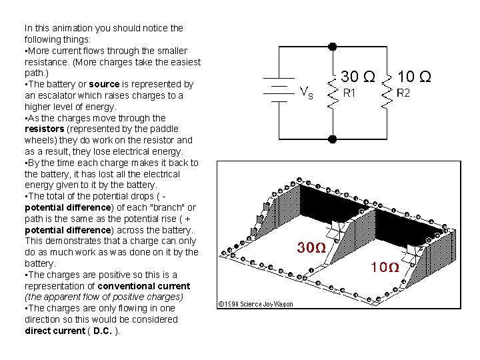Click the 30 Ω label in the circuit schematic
click(x=357, y=77)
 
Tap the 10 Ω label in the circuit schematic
click(x=414, y=77)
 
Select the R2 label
click(x=404, y=93)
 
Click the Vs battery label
click(x=306, y=93)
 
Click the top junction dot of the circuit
click(x=333, y=46)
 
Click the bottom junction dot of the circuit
click(x=333, y=139)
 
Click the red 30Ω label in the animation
click(x=311, y=248)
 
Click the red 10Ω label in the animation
click(x=385, y=268)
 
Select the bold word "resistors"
click(x=44, y=129)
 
